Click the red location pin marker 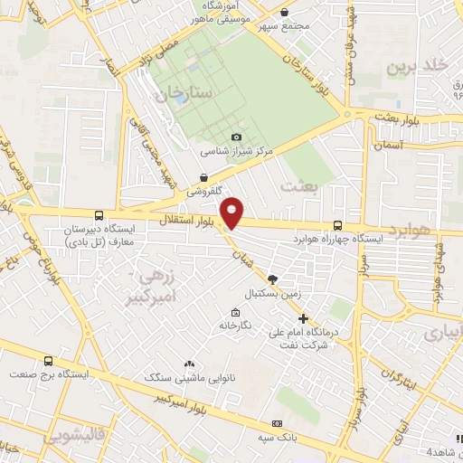[x=233, y=211]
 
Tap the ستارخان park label [x=189, y=92]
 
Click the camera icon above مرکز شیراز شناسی [x=236, y=137]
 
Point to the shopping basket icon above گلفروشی [x=205, y=177]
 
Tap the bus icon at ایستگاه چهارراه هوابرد [x=337, y=225]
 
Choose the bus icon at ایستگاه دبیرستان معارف [x=99, y=217]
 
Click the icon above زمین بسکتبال [x=274, y=280]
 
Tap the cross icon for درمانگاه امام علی [x=304, y=318]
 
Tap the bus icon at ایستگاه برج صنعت [x=74, y=361]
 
